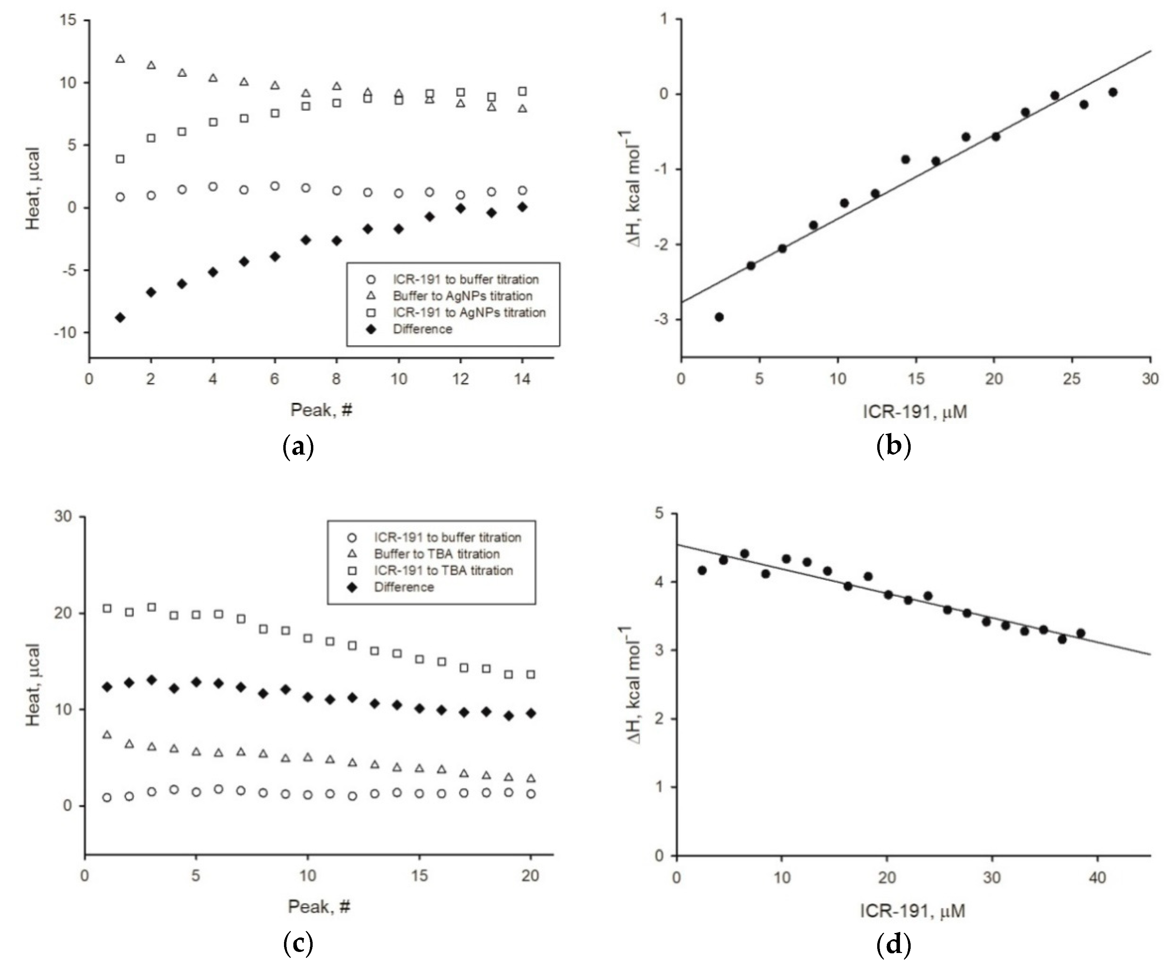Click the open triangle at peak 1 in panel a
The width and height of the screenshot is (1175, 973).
click(120, 59)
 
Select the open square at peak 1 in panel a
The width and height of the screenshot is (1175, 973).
click(120, 159)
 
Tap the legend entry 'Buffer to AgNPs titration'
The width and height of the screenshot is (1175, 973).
click(462, 296)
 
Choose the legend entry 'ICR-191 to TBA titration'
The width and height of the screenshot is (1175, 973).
click(443, 570)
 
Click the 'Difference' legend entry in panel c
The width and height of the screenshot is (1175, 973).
click(404, 587)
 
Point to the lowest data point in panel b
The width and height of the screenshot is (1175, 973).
click(719, 317)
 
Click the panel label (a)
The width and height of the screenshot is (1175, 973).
click(298, 447)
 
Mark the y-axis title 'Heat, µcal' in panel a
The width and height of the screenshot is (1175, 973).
click(33, 188)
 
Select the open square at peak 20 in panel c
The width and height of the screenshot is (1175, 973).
click(530, 674)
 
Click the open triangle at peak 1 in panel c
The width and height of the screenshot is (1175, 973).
click(107, 735)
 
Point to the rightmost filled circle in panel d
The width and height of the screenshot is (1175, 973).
click(1080, 633)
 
